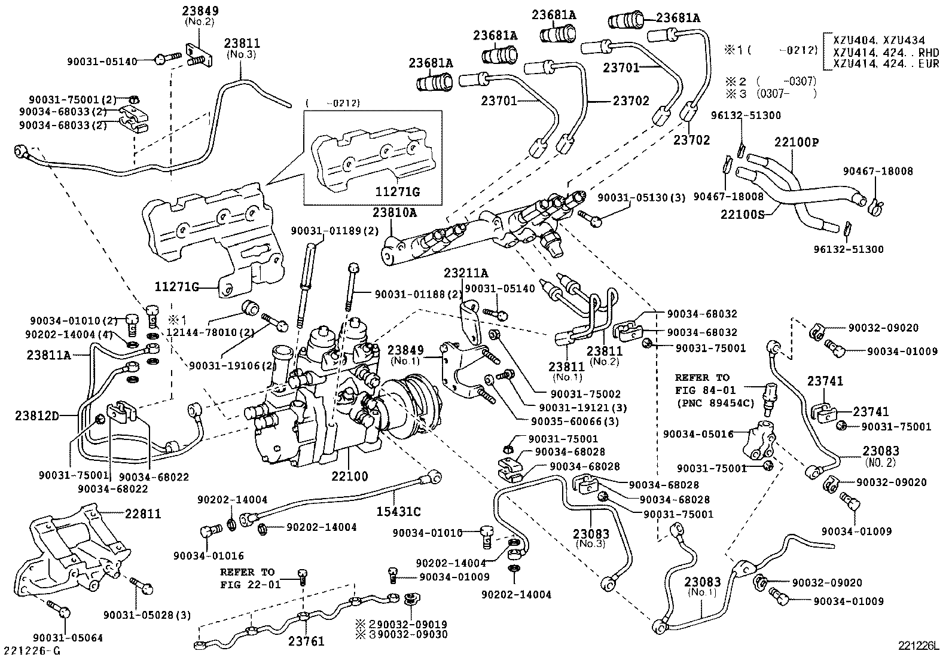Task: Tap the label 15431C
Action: (x=399, y=512)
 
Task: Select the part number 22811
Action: (x=143, y=514)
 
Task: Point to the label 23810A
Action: (x=395, y=213)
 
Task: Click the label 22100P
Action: (x=796, y=142)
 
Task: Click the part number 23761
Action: (x=306, y=641)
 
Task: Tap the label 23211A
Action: (x=466, y=273)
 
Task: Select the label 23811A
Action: (x=49, y=355)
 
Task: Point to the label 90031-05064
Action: (x=68, y=638)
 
